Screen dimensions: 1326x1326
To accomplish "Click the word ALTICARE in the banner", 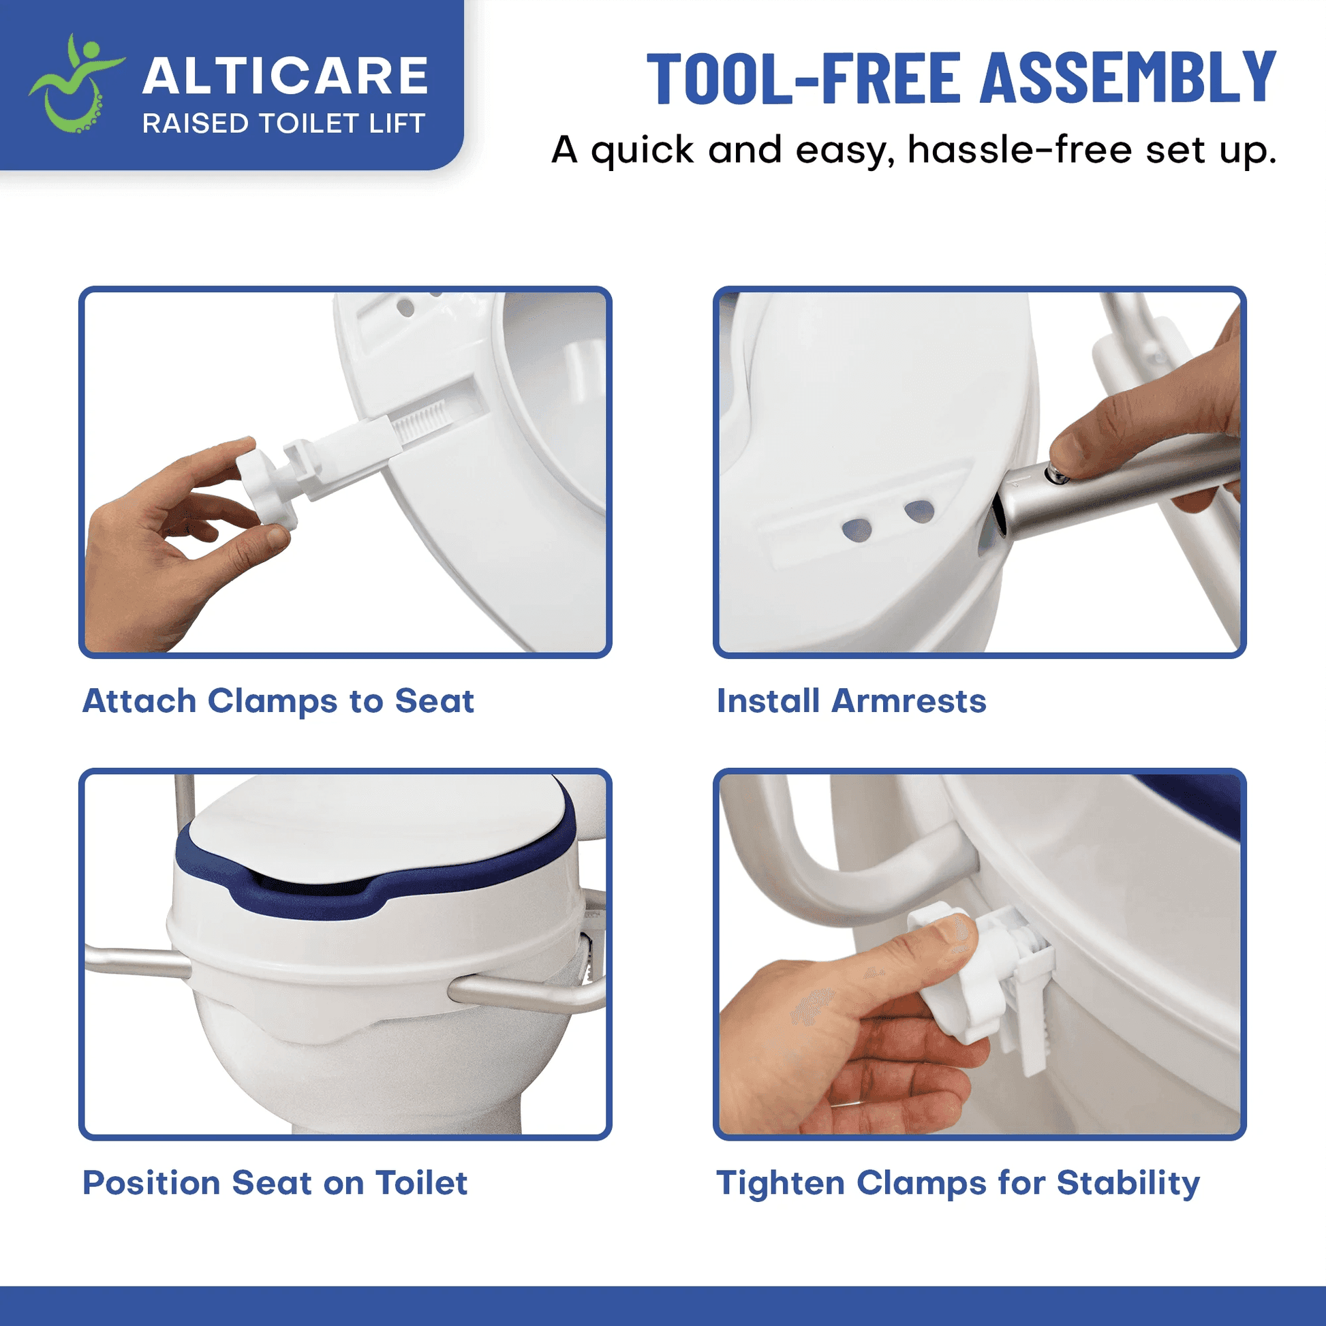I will coord(285,76).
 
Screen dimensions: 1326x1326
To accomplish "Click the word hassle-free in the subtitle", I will coord(1019,150).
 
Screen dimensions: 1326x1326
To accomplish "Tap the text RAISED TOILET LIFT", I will coord(283,124).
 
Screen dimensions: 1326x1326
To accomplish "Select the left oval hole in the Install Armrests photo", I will coord(857,529).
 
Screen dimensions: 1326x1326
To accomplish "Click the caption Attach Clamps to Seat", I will coord(278,700).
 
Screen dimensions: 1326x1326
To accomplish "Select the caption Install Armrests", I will coord(851,700).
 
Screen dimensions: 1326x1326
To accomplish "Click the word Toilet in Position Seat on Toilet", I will coord(421,1182).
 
